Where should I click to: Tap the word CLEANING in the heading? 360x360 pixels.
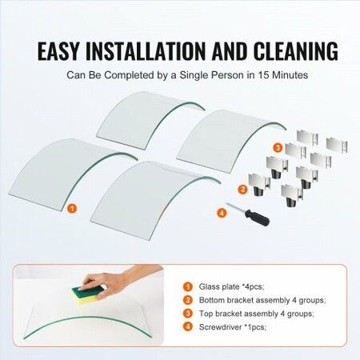(296, 50)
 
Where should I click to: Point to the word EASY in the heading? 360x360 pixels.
(58, 50)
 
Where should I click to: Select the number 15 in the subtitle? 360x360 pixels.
(263, 75)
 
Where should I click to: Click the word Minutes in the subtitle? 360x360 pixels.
(290, 75)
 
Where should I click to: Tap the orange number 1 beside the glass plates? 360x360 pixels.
(72, 208)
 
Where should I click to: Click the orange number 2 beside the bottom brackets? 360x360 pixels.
(242, 190)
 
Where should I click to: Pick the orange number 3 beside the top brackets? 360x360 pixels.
(278, 147)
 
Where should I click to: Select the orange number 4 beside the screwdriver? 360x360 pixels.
(222, 213)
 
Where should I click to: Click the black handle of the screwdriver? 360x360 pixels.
(257, 218)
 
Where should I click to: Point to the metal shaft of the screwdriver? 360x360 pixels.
(236, 207)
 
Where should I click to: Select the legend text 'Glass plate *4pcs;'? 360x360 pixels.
(231, 287)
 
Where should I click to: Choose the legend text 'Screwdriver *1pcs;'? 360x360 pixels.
(233, 327)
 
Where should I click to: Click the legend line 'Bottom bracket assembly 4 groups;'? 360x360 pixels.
(262, 300)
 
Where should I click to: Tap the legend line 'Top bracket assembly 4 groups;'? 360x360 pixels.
(257, 314)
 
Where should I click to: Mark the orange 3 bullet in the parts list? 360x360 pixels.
(188, 314)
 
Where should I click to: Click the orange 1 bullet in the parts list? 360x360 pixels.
(188, 287)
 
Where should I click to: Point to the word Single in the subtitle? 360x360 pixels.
(193, 75)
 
